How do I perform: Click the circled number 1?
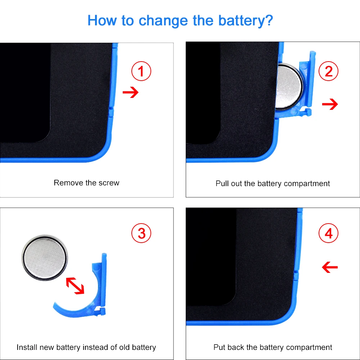tap(141, 71)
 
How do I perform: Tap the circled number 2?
tap(328, 71)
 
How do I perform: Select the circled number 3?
tap(141, 233)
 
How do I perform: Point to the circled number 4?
tap(328, 233)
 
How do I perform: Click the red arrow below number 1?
tap(131, 92)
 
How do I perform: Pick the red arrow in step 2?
tap(330, 104)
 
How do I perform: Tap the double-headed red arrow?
tap(75, 285)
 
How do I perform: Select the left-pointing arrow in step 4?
tap(330, 267)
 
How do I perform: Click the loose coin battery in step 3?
tap(45, 258)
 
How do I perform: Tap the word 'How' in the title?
tap(102, 21)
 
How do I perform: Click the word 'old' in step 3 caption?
tap(124, 347)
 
